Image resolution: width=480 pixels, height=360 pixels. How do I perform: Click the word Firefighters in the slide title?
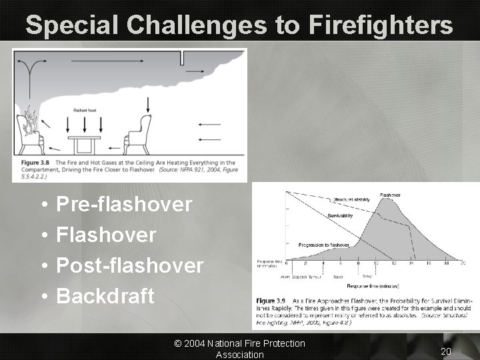click(381, 25)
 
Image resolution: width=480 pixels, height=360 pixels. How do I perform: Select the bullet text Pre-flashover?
click(125, 204)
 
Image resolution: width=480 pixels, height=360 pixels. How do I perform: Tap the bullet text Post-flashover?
click(130, 265)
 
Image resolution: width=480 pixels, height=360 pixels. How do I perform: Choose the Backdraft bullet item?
click(106, 296)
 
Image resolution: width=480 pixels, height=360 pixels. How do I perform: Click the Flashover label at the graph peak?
click(390, 195)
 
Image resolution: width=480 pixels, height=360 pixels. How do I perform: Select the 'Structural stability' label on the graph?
click(352, 199)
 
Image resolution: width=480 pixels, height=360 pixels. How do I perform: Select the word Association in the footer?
click(239, 355)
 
